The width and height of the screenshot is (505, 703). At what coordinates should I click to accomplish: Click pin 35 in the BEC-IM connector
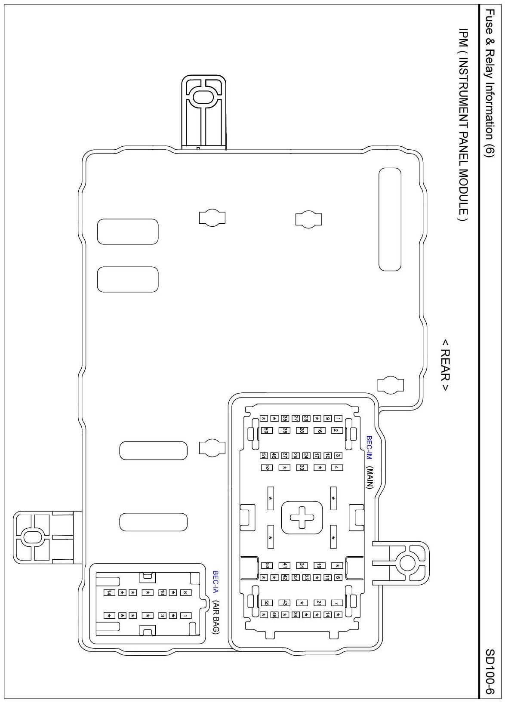[285, 418]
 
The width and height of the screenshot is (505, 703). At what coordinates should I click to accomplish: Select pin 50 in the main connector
[266, 430]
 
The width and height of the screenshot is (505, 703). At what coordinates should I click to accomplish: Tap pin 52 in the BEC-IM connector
[267, 468]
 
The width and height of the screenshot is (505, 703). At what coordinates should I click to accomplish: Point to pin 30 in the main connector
[302, 468]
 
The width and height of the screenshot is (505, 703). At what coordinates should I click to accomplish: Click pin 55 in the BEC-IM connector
[267, 603]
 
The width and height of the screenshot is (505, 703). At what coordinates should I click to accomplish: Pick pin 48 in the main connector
[274, 615]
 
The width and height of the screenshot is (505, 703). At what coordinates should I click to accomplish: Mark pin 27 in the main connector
[296, 418]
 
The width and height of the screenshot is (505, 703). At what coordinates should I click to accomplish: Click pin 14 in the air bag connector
[109, 592]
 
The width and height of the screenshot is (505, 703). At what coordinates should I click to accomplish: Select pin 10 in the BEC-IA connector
[163, 592]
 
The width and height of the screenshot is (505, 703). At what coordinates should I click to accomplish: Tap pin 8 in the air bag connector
[185, 592]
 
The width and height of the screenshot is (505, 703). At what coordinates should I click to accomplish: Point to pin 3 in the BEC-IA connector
[163, 616]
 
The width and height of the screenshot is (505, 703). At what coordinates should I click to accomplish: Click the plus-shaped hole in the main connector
[302, 517]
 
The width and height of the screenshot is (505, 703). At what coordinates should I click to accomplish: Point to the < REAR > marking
[445, 365]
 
